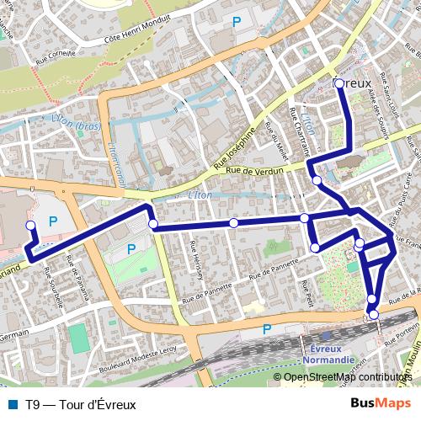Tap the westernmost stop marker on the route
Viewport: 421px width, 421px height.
coord(31,226)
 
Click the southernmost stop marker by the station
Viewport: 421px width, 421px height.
coord(374,314)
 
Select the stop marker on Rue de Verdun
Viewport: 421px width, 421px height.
coord(317,180)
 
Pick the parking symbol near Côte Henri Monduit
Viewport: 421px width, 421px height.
coord(237,21)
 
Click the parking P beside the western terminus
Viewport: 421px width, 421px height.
coord(53,221)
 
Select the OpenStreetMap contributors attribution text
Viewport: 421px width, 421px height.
coord(348,377)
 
